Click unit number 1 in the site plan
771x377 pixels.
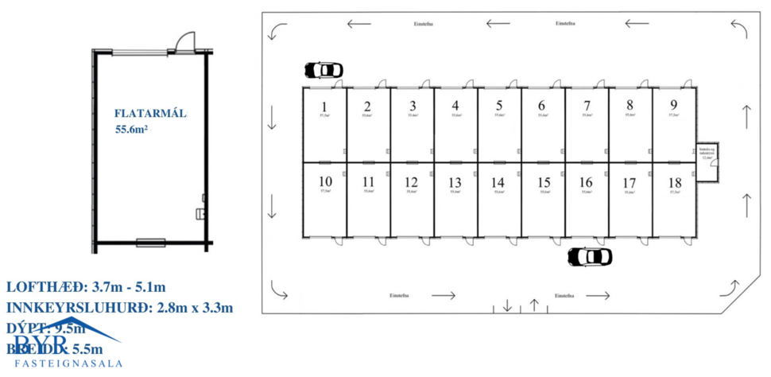pyautogui.click(x=324, y=107)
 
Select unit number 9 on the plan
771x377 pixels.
pyautogui.click(x=673, y=104)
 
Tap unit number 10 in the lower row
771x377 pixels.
pyautogui.click(x=324, y=181)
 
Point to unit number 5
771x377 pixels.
pyautogui.click(x=498, y=105)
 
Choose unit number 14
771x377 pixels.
pyautogui.click(x=498, y=181)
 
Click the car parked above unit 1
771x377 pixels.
pyautogui.click(x=323, y=70)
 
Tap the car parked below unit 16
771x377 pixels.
pyautogui.click(x=591, y=257)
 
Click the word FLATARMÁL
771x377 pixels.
pyautogui.click(x=150, y=114)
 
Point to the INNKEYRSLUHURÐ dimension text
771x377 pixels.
pyautogui.click(x=119, y=308)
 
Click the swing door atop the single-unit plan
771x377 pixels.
pyautogui.click(x=184, y=41)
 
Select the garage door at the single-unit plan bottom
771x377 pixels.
pyautogui.click(x=150, y=240)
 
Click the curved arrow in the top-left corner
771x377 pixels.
pyautogui.click(x=277, y=30)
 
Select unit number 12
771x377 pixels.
pyautogui.click(x=411, y=181)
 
